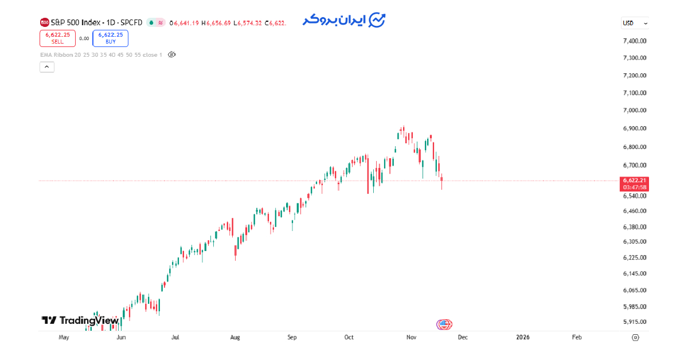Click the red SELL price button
(x=57, y=38)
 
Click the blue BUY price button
(x=110, y=38)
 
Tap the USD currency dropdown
(x=635, y=24)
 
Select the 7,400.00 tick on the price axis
(x=635, y=41)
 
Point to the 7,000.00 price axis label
(x=635, y=110)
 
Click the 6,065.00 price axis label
(x=635, y=290)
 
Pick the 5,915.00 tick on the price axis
(x=635, y=322)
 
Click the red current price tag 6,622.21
(x=635, y=181)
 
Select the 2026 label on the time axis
(x=522, y=338)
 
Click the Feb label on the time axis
(x=577, y=338)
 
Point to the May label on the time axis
(x=64, y=338)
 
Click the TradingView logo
(x=80, y=320)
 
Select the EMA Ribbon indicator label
(x=101, y=55)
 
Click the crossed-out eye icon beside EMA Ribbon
(x=171, y=55)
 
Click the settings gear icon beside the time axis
(x=635, y=338)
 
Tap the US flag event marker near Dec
(x=444, y=324)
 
